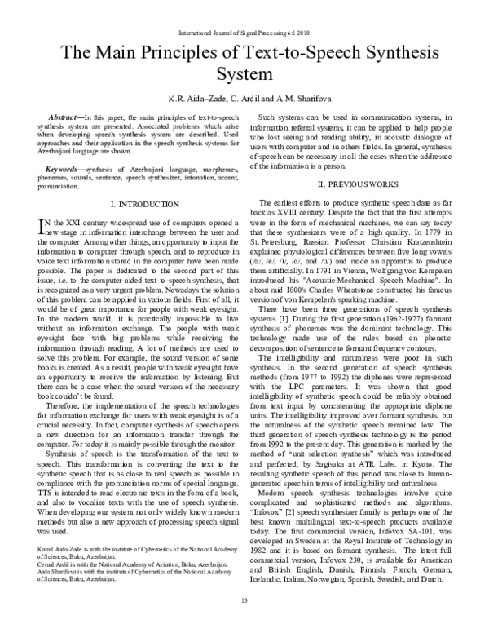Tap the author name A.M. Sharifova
point(297,99)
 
